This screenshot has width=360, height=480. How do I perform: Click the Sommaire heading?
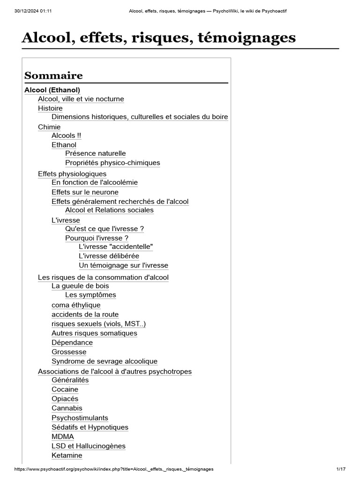(53, 75)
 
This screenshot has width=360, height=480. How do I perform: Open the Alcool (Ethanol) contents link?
(52, 90)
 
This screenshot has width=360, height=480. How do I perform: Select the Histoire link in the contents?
(50, 108)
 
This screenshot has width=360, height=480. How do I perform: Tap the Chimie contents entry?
(49, 127)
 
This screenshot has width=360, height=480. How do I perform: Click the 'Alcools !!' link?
(66, 135)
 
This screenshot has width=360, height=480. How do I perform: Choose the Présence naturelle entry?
(96, 153)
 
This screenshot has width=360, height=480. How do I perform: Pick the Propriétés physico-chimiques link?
(112, 163)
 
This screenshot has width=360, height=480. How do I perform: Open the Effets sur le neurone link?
(85, 192)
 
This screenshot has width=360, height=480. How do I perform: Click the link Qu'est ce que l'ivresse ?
(105, 229)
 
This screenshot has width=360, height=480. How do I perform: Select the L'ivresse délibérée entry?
(109, 256)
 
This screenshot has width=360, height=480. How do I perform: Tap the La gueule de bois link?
(80, 286)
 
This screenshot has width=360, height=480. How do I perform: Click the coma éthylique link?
(76, 305)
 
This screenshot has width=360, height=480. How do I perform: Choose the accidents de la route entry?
(85, 315)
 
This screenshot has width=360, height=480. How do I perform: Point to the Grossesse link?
(69, 352)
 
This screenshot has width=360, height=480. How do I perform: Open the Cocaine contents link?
(65, 390)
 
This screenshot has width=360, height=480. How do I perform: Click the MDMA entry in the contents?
(63, 436)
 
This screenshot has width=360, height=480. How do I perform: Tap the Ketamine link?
(67, 455)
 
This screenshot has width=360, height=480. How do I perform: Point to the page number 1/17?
(341, 469)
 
